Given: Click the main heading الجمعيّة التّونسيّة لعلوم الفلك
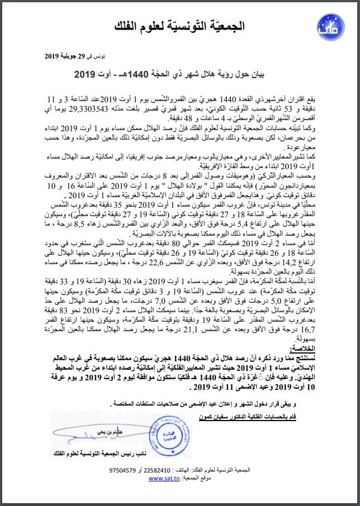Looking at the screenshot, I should (180, 26).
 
